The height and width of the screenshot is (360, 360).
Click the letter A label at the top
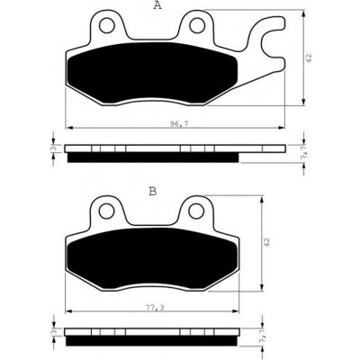[x=157, y=5]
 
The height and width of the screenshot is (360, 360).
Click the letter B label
[x=153, y=191]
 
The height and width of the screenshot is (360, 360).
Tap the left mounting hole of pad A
[x=107, y=26]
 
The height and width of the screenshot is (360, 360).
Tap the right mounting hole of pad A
[x=197, y=25]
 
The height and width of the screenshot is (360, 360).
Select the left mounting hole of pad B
[x=107, y=211]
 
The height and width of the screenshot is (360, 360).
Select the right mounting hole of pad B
[x=196, y=211]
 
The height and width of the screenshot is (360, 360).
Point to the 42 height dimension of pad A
[x=310, y=58]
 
